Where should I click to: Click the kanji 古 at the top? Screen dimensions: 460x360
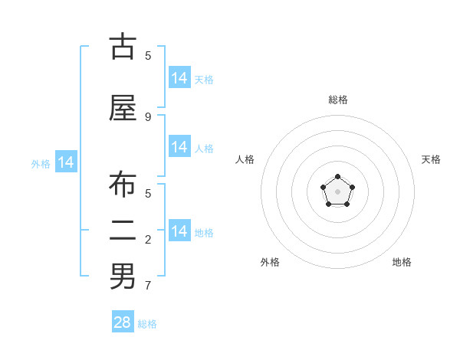click(x=123, y=45)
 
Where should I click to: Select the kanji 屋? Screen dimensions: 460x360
click(x=123, y=107)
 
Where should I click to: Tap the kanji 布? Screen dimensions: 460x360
click(x=123, y=184)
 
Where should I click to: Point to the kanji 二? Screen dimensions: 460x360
click(x=123, y=231)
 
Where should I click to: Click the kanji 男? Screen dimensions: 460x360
click(x=123, y=276)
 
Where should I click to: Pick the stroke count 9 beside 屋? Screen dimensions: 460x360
click(x=148, y=117)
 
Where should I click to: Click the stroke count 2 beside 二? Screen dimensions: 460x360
click(x=148, y=240)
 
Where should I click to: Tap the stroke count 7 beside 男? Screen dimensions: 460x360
click(x=148, y=285)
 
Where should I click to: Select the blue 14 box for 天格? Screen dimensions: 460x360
click(x=179, y=77)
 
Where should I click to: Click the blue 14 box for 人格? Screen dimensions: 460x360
click(x=179, y=146)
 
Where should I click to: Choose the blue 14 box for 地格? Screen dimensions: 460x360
click(x=179, y=230)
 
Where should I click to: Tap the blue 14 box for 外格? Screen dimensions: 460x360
click(x=66, y=162)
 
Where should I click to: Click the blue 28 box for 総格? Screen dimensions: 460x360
click(x=123, y=321)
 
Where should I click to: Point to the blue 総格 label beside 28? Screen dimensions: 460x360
click(x=147, y=324)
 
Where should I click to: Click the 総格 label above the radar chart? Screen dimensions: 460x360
click(x=338, y=100)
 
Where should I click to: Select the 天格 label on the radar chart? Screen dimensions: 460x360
click(x=431, y=159)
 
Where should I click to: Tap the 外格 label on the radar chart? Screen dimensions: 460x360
click(x=270, y=262)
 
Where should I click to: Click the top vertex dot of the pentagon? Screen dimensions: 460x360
click(x=337, y=176)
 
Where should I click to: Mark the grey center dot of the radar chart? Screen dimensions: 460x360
click(x=337, y=191)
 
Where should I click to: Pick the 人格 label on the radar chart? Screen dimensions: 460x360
click(x=245, y=159)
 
